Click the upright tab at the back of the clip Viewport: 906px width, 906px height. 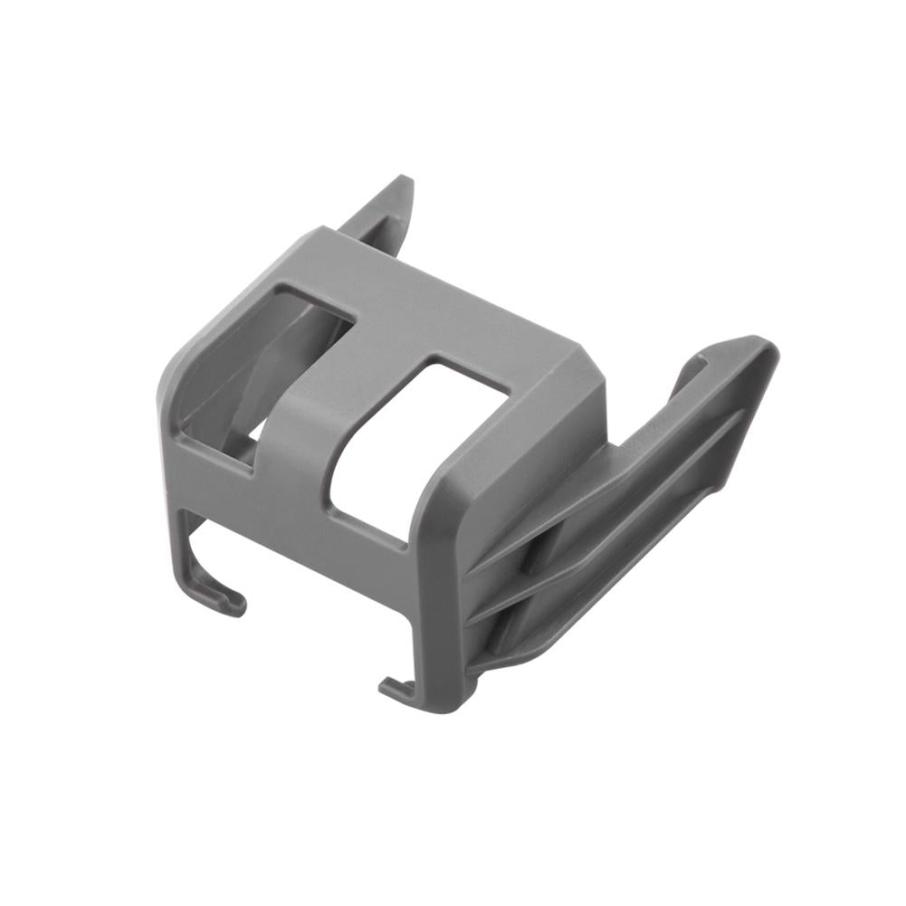[x=385, y=207]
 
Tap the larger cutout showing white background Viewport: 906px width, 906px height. [x=407, y=443]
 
